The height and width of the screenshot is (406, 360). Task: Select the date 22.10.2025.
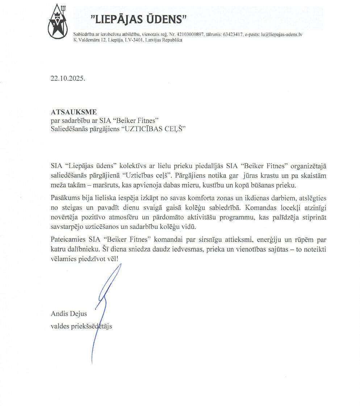click(68, 79)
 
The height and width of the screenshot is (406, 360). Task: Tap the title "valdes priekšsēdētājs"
click(81, 326)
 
